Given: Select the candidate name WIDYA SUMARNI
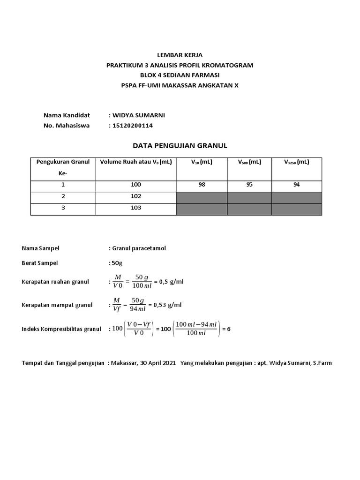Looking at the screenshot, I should pyautogui.click(x=138, y=115).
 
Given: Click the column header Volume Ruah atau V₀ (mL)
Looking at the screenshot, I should pyautogui.click(x=136, y=162).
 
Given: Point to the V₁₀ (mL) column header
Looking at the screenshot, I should pyautogui.click(x=202, y=162).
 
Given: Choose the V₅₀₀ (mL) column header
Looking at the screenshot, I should pyautogui.click(x=249, y=162).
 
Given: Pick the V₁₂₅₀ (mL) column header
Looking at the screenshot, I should pyautogui.click(x=296, y=162).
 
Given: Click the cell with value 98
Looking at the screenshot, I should pyautogui.click(x=202, y=185).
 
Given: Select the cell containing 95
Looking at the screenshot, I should pyautogui.click(x=249, y=185).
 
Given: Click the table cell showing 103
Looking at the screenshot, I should pyautogui.click(x=136, y=208).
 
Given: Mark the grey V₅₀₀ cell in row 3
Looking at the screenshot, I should pyautogui.click(x=249, y=209).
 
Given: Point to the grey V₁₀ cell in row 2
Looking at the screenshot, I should pyautogui.click(x=202, y=197).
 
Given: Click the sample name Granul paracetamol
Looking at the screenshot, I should pyautogui.click(x=139, y=248).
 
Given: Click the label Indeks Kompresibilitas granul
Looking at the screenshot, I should pyautogui.click(x=61, y=329).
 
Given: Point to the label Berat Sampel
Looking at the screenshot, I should pyautogui.click(x=40, y=263).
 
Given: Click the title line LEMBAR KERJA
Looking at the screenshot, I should pyautogui.click(x=180, y=55).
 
